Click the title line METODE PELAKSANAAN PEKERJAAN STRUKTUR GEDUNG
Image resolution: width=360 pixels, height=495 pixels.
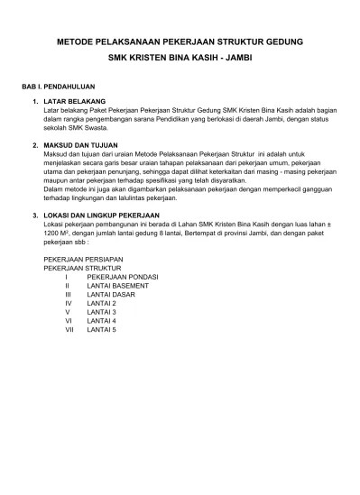[x=180, y=42]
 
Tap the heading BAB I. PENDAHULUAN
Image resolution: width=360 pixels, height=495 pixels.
[x=61, y=88]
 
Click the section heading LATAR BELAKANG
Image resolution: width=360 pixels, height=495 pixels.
[x=75, y=102]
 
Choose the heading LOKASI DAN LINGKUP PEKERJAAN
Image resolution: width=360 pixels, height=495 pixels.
[x=101, y=214]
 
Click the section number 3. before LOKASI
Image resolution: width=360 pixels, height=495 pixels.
[x=34, y=214]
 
